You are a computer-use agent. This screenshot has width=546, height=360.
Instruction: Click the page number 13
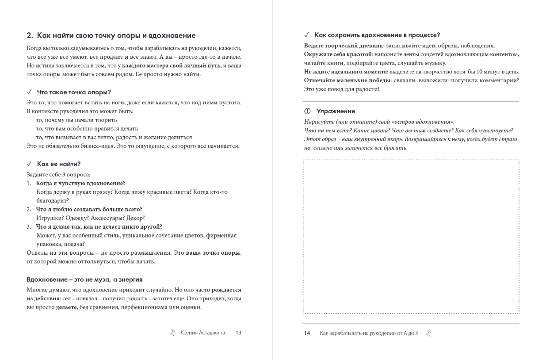coord(238,333)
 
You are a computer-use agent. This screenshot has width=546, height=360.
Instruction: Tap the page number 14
coord(307,333)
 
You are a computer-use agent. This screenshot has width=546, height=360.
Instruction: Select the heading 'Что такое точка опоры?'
coord(74,92)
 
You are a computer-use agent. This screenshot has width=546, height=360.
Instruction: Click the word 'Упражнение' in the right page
coord(336,111)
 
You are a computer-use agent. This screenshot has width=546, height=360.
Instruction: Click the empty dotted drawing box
coord(411,236)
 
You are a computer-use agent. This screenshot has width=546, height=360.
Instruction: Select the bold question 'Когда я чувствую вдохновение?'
coord(80,183)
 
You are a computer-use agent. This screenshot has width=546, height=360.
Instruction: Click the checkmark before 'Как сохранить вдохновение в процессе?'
coord(307,35)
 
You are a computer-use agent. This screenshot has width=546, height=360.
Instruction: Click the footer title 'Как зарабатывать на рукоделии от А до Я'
coord(369,333)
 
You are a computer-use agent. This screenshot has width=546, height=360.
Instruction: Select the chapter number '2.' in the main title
coord(31,35)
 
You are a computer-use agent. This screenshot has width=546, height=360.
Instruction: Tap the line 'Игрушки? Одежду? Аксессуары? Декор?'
coord(91,218)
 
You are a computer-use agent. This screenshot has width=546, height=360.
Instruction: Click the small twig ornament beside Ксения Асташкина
coord(172,332)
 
